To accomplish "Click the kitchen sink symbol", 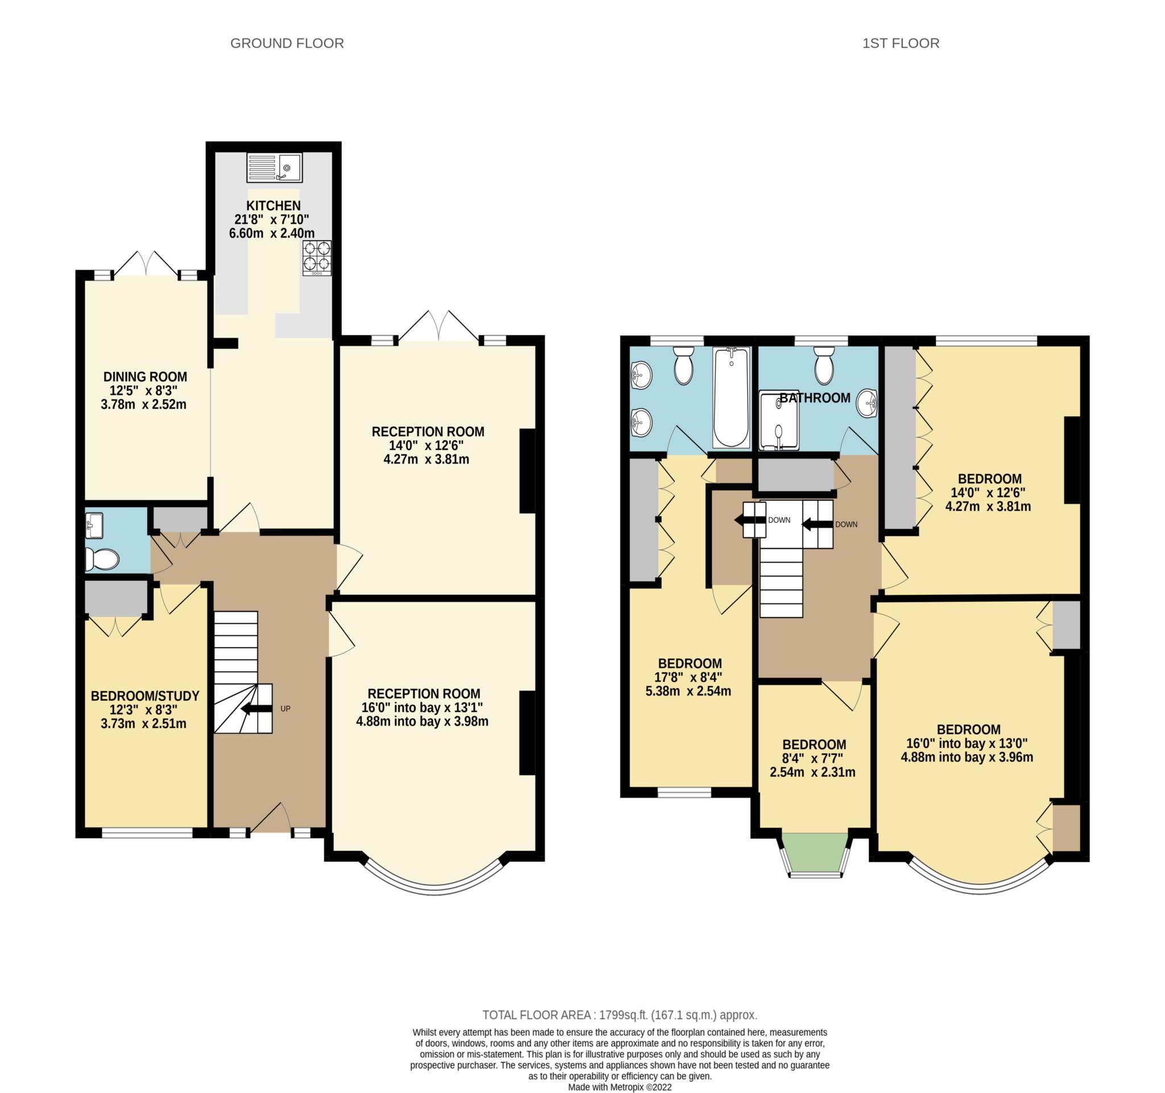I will [x=274, y=168].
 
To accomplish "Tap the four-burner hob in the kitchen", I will [x=316, y=258].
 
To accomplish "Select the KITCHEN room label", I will [x=273, y=206].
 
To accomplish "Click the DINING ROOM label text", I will [x=145, y=376].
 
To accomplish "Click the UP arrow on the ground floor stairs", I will [x=257, y=709].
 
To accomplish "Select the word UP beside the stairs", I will [x=286, y=709].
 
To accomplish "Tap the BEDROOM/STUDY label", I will [x=144, y=696].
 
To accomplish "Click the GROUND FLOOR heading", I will [x=287, y=43].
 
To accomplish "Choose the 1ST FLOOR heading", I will [x=900, y=43].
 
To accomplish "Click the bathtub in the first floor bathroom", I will [x=731, y=397].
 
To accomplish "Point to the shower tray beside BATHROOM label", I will [x=778, y=421].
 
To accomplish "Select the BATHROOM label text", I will [x=815, y=398].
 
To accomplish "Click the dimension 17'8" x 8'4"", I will [x=688, y=677].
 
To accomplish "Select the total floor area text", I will [x=619, y=1015].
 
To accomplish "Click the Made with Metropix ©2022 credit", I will [x=619, y=1087].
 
